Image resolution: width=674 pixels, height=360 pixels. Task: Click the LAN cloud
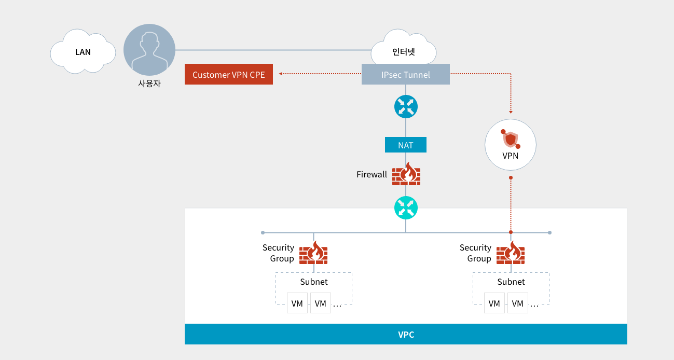pos(82,51)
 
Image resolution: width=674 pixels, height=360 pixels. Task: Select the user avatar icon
pos(149,50)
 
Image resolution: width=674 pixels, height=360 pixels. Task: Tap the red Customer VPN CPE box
pos(229,74)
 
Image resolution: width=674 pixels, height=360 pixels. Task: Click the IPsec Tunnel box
pos(406,74)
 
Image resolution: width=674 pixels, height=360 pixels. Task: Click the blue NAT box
pos(406,145)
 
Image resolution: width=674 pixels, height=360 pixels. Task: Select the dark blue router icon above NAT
pos(406,106)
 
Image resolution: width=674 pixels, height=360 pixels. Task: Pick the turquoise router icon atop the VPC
pos(406,208)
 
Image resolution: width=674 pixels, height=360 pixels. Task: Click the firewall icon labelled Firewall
pos(406,174)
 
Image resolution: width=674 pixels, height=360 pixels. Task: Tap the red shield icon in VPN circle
pos(511,139)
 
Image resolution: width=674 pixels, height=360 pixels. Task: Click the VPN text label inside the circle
pos(511,156)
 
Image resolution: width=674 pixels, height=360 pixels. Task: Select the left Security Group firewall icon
pos(313,253)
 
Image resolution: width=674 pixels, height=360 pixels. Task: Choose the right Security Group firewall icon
pos(511,253)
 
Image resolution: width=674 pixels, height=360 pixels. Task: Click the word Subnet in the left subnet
pos(314,282)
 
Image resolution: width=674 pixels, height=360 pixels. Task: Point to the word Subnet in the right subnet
pos(511,282)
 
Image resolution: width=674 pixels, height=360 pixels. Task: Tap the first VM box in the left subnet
pos(297,303)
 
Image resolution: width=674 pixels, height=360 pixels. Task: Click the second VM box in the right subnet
pos(518,303)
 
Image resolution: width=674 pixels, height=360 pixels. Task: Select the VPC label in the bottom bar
pos(406,335)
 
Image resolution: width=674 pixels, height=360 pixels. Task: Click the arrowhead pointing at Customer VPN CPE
pos(280,74)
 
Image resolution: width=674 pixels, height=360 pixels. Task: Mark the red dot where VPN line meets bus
pos(511,232)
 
